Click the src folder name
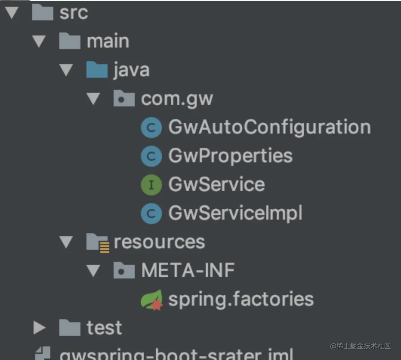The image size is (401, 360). [74, 13]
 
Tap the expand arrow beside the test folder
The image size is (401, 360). [39, 328]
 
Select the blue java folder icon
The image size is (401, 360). [97, 70]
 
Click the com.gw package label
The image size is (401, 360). [177, 98]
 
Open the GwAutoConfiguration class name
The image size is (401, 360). [269, 127]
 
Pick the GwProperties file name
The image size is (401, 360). [230, 156]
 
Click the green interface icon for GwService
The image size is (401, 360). [151, 185]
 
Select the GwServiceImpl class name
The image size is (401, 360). [235, 213]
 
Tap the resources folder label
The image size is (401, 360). [159, 242]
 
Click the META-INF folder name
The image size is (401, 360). [188, 270]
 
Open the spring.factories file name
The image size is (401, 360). [241, 299]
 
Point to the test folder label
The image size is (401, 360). [104, 328]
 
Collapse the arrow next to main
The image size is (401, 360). [39, 41]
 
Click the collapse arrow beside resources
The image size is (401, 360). [66, 242]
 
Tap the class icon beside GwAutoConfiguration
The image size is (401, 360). [151, 128]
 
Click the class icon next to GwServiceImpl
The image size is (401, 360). [151, 214]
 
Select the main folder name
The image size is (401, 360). [108, 41]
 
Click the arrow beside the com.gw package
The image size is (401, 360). [93, 99]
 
